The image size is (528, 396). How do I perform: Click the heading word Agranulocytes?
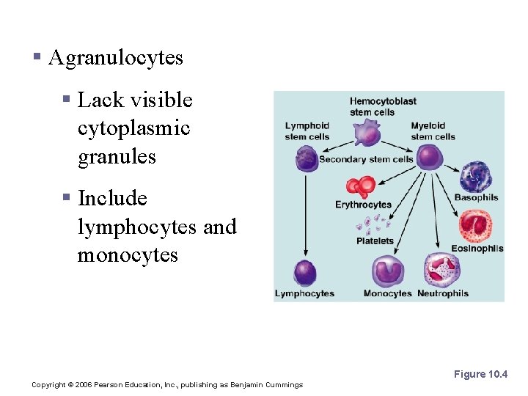pos(115,58)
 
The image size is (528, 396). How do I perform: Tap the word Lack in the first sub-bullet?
pos(98,100)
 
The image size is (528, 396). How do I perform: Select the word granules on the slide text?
pos(117,156)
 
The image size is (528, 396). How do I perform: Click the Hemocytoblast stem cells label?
pos(383,106)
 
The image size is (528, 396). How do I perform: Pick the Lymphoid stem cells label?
pos(307,131)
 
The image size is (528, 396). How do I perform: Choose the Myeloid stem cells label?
pos(433,131)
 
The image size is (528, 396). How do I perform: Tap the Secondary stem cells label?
pos(366,159)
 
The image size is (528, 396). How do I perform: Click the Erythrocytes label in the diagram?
pos(364,205)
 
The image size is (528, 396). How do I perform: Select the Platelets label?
pos(375,241)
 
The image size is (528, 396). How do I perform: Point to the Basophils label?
pos(476,197)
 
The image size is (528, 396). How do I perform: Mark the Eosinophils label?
pos(477,248)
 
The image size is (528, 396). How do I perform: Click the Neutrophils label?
pos(443,293)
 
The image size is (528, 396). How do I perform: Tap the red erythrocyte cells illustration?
pos(361,187)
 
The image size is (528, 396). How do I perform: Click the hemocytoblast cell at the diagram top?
pos(367,134)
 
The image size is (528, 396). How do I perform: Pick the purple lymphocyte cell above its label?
pos(304,273)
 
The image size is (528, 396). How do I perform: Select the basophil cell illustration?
pos(475,177)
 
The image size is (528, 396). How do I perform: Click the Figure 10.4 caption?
pos(480,374)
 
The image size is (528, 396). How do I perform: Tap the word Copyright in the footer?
pos(48,384)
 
